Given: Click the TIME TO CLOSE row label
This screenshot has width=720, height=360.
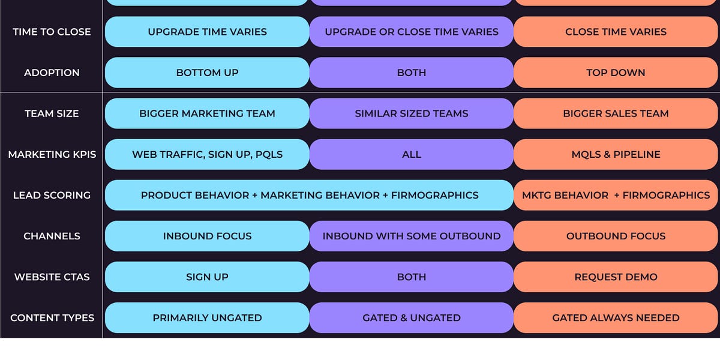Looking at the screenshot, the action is (x=52, y=32).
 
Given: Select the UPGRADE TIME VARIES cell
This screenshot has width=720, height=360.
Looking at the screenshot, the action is (x=207, y=32).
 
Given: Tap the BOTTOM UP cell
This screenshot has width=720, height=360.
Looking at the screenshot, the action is (x=207, y=73).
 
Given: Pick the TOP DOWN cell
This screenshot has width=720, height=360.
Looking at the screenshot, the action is (x=616, y=73).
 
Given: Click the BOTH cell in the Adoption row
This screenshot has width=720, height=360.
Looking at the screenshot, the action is (x=412, y=73).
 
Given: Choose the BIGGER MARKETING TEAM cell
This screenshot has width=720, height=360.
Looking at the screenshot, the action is (x=207, y=113).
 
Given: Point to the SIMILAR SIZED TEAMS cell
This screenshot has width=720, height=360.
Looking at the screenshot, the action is (x=412, y=113).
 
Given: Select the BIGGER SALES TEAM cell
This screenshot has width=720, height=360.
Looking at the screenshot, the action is (x=616, y=113).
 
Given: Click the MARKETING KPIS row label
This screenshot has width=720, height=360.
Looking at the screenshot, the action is (x=52, y=154).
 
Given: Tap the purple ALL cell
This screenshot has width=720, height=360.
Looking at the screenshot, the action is (x=412, y=154).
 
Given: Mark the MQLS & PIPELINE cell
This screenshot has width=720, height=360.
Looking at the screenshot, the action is (x=616, y=154).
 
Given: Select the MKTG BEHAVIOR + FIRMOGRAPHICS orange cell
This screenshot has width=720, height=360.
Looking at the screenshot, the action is (x=616, y=195).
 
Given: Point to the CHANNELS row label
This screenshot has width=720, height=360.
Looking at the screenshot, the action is (x=52, y=236).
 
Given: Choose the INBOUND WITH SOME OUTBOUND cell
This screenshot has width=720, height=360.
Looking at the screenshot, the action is (x=412, y=236).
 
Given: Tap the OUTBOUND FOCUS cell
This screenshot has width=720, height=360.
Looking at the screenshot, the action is (x=616, y=236).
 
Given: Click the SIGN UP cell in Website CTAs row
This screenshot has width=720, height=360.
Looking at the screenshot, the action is (x=207, y=277).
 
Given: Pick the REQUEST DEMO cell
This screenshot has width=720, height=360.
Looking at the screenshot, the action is (x=616, y=277).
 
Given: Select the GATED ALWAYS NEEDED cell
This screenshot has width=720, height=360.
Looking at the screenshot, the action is (x=616, y=317).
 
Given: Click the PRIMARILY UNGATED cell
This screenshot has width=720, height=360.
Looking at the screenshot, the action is (x=207, y=317).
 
